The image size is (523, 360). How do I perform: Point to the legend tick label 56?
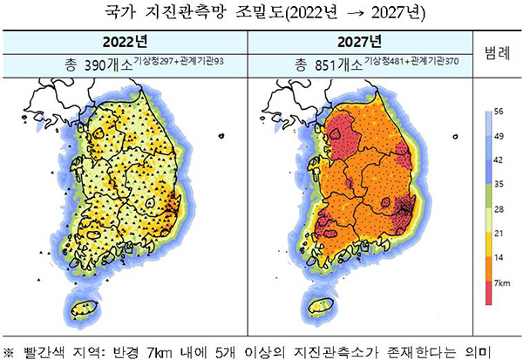click(x=499, y=112)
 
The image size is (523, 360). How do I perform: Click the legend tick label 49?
click(x=499, y=137)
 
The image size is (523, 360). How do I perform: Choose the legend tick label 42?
click(x=499, y=161)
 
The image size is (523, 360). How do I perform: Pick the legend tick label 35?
click(x=499, y=185)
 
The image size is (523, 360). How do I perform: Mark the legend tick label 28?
click(x=499, y=209)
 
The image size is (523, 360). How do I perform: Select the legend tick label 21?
click(x=499, y=234)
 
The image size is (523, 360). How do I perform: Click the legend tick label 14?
click(x=499, y=259)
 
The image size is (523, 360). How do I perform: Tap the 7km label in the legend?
click(x=501, y=284)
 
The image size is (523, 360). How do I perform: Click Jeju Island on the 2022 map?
click(x=83, y=308)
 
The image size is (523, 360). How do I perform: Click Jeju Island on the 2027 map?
click(x=319, y=308)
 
